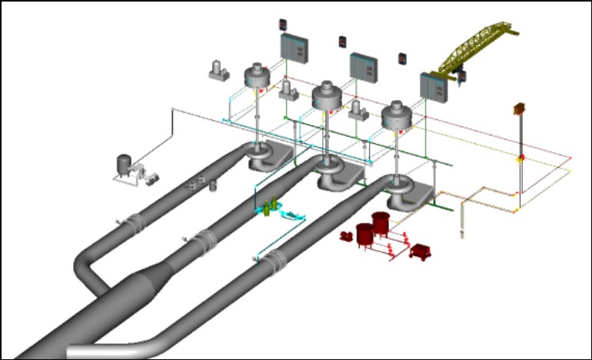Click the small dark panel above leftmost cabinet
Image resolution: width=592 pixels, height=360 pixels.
pyautogui.click(x=281, y=22)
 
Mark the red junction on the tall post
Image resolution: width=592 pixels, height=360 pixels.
pyautogui.click(x=520, y=159)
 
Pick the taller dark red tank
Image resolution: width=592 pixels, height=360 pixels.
pyautogui.click(x=380, y=224)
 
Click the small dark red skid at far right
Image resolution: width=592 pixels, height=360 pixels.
pyautogui.click(x=421, y=252)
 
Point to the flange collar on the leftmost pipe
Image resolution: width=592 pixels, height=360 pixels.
pyautogui.click(x=136, y=224)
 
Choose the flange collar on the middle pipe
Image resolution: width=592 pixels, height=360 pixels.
pyautogui.click(x=205, y=242)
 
